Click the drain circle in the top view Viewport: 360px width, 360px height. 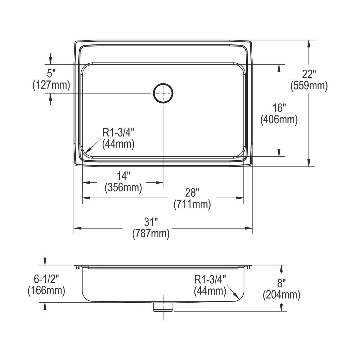[163, 93]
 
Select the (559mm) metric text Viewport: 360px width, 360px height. [309, 86]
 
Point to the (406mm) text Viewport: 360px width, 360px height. [279, 120]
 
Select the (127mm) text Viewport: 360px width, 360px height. [51, 85]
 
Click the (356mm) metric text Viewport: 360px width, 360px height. [123, 188]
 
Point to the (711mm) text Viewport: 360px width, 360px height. [192, 205]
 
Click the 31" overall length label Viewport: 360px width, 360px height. [151, 222]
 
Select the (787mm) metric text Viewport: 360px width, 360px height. [151, 234]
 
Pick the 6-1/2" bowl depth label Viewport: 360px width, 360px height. [46, 279]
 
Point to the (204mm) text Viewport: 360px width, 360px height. [281, 295]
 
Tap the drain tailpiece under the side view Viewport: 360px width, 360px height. [163, 307]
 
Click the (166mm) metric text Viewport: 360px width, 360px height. [46, 291]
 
